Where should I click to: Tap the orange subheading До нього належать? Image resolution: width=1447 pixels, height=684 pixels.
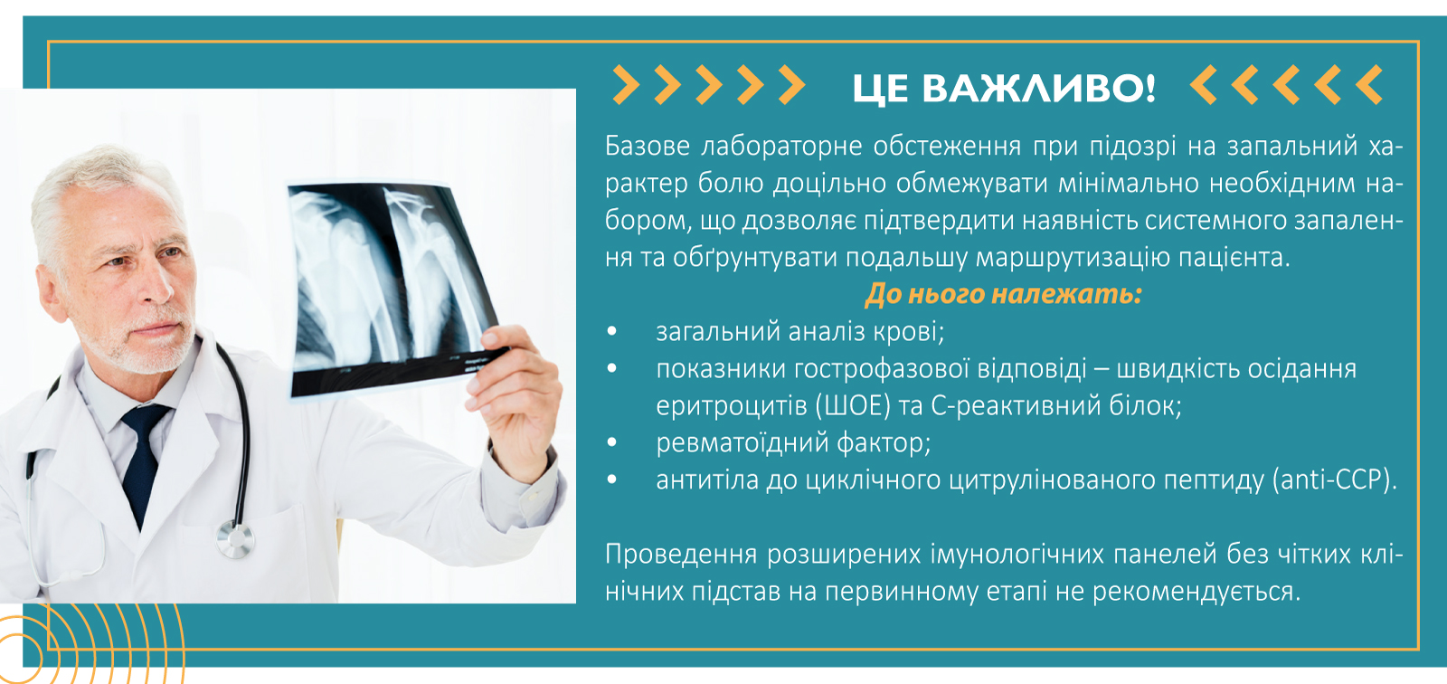point(1003,294)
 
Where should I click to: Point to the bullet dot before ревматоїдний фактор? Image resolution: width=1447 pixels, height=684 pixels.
point(612,443)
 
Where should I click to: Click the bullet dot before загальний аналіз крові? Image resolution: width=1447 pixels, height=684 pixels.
point(612,332)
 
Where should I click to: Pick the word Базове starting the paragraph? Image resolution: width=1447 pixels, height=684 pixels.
point(647,146)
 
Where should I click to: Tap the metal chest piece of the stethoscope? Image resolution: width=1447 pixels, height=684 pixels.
point(235,540)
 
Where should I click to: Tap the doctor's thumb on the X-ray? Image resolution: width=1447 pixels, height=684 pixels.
point(496,338)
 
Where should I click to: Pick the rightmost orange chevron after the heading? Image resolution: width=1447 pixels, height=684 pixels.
point(1369,85)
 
